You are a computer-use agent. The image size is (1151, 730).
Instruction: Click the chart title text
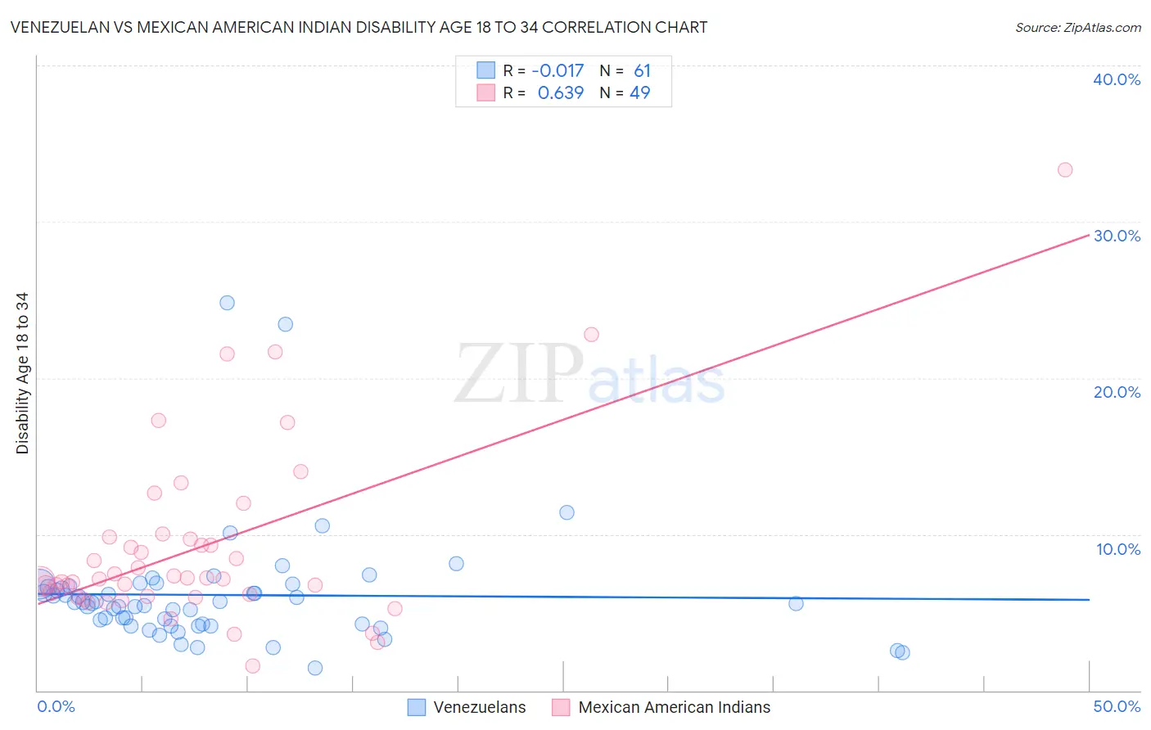359,27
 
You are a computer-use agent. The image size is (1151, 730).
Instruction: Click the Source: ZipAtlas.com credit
1077,27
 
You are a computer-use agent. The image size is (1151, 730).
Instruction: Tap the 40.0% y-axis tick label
1117,79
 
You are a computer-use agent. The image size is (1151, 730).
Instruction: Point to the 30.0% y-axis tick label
1117,236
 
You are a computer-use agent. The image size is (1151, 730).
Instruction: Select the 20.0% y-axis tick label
1117,392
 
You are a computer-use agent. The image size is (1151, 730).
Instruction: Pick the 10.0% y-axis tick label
1117,549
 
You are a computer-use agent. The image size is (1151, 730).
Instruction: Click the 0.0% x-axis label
56,706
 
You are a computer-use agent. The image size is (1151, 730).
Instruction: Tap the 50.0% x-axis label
1117,706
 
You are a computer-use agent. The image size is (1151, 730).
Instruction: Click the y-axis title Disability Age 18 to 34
22,373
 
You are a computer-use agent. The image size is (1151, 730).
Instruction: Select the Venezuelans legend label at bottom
480,707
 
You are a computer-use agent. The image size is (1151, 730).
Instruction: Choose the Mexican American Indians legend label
675,707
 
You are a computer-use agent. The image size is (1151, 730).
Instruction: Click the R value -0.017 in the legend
557,71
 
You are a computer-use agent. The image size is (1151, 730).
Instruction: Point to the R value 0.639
561,93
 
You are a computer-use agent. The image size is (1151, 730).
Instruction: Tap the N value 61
642,71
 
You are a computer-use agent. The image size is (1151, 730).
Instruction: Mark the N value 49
639,93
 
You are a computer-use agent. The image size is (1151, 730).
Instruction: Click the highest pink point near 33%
1065,170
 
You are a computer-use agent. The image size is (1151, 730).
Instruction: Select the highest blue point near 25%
228,303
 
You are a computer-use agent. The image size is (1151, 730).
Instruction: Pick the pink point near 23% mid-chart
591,335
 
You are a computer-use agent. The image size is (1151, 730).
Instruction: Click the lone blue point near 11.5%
566,512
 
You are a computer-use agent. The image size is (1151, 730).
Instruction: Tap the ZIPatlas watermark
589,375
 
